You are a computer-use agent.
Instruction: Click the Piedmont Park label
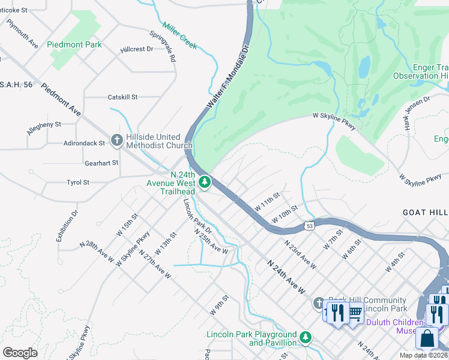(76, 44)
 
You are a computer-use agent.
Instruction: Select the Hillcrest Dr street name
(136, 49)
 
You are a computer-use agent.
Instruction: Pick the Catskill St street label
(122, 97)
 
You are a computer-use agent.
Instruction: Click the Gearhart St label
(101, 163)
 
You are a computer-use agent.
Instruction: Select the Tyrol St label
(78, 182)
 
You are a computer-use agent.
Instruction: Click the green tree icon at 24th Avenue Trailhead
(205, 181)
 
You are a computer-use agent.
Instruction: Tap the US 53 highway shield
(309, 226)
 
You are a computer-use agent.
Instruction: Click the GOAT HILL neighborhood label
(425, 213)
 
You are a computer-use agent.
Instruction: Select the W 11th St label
(267, 201)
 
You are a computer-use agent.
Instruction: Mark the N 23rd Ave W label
(300, 253)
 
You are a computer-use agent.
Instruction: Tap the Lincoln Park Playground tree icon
(306, 338)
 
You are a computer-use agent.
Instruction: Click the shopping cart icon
(355, 311)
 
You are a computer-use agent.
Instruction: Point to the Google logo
(20, 352)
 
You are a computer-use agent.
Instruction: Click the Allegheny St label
(44, 127)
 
